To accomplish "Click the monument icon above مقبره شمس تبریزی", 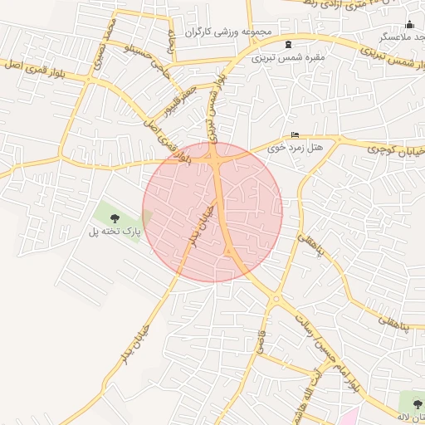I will click(288, 44).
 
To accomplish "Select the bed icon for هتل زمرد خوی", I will click(295, 135).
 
